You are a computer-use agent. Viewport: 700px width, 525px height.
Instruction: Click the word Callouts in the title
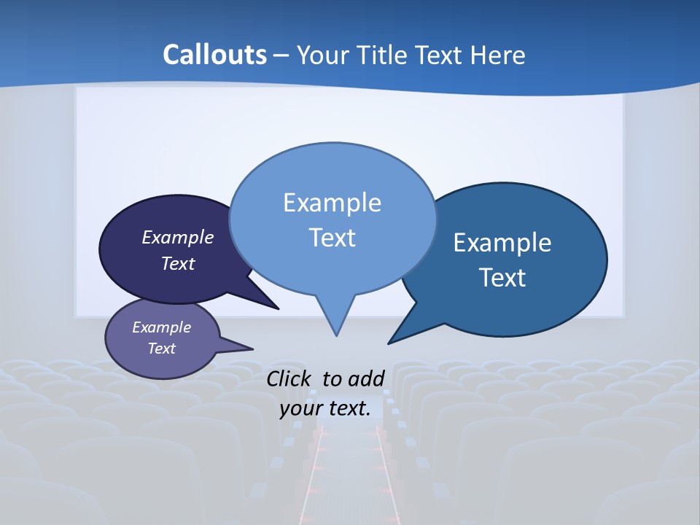pos(214,55)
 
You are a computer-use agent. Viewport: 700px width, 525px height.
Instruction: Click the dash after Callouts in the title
pos(281,55)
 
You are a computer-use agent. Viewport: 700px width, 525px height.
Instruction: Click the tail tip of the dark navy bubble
pos(278,308)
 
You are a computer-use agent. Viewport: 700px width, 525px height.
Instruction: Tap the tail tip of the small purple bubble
pos(252,349)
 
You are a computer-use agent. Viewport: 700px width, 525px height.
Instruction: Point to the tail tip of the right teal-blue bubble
pos(389,343)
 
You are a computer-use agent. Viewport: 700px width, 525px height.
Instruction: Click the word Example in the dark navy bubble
pos(178,237)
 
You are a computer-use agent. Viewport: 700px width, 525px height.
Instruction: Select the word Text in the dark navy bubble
pos(178,263)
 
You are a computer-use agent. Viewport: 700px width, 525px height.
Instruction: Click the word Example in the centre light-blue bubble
pos(332,203)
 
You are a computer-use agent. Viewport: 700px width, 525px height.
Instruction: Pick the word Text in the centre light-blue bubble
pos(332,238)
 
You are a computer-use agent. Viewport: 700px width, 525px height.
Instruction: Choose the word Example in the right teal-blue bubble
pos(502,243)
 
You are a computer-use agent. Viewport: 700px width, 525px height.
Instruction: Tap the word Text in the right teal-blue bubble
pos(503,278)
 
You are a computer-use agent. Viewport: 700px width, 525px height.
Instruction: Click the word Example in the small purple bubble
pos(161,327)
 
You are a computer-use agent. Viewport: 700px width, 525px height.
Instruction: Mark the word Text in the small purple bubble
pos(161,349)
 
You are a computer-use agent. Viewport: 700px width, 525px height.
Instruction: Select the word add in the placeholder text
pos(366,378)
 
